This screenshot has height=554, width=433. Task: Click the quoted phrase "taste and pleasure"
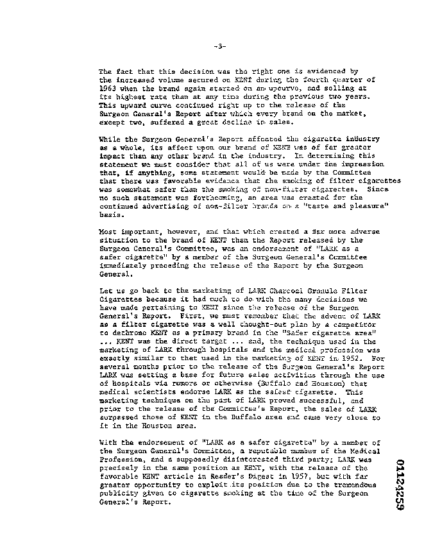click(x=334, y=207)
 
